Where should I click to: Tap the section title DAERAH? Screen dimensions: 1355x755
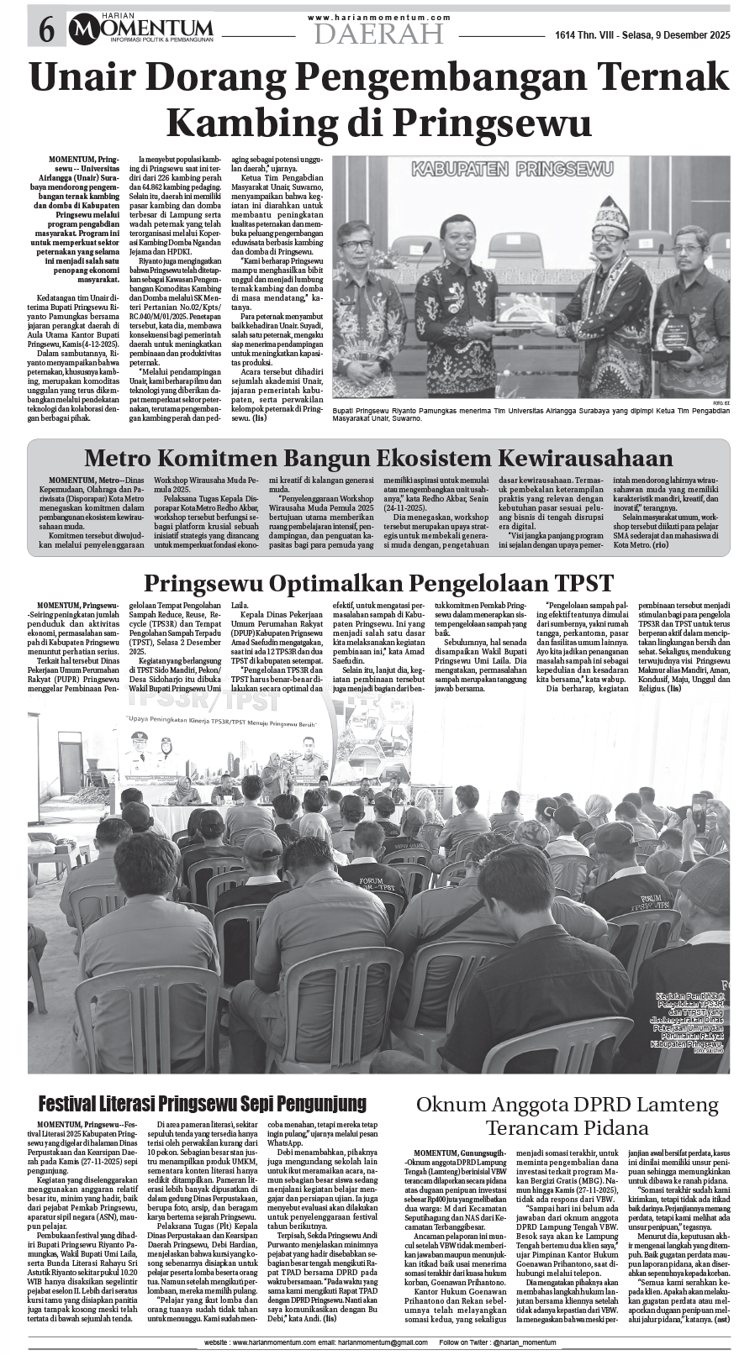(378, 34)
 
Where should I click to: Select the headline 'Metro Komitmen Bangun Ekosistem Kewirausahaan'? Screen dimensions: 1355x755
(378, 458)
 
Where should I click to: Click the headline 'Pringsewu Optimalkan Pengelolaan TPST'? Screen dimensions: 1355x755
(378, 582)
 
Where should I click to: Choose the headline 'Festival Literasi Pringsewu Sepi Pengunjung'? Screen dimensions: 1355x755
(203, 1103)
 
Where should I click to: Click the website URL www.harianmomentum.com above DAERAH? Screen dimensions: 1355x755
(378, 17)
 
